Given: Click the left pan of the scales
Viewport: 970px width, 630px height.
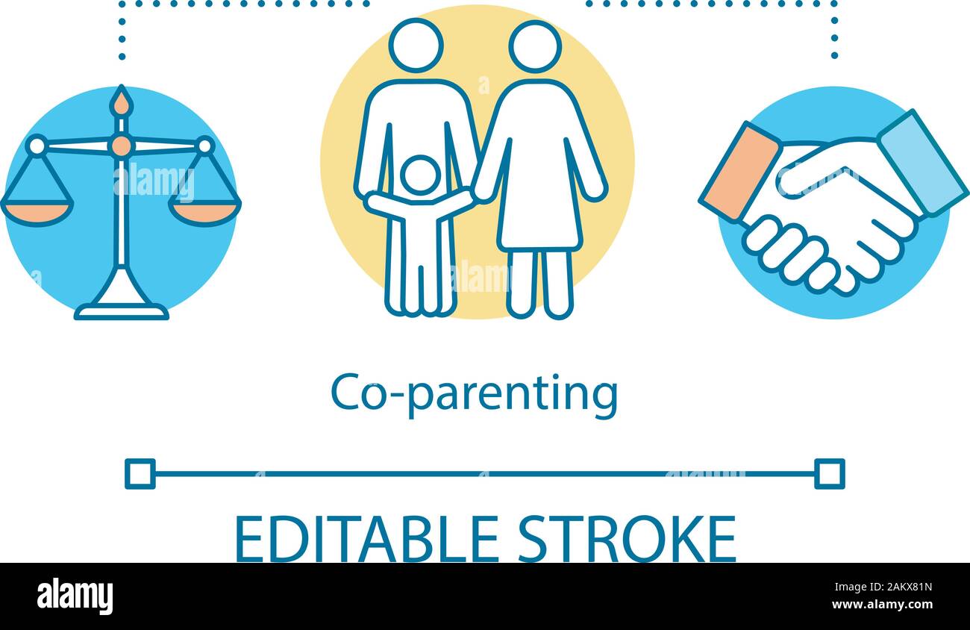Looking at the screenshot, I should (x=37, y=213).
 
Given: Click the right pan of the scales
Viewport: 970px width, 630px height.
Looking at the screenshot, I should (x=204, y=213).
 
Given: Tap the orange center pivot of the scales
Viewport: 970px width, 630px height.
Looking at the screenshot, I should (x=121, y=146).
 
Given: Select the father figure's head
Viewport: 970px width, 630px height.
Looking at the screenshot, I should (x=416, y=45).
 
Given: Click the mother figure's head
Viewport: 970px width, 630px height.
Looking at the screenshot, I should (x=535, y=46).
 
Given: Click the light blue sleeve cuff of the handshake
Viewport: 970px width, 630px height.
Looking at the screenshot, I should (x=922, y=163).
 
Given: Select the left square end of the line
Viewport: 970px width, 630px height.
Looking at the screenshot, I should (x=140, y=474).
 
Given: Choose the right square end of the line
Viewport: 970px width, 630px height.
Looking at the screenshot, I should (x=829, y=474).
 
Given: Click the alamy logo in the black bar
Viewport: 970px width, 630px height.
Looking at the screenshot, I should (x=75, y=596).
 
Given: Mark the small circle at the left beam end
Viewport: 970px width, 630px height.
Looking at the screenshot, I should (x=36, y=145).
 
